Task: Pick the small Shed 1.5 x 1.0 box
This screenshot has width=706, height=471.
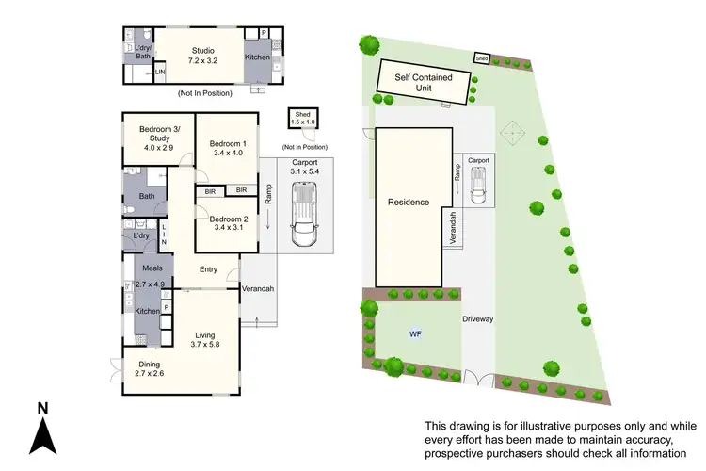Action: (303, 118)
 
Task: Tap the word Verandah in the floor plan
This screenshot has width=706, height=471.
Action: (256, 288)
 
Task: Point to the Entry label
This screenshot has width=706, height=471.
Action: (208, 270)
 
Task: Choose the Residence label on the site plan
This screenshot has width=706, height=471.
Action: (409, 202)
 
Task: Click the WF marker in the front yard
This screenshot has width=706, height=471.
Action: (415, 333)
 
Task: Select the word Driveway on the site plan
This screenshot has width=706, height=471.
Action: (479, 318)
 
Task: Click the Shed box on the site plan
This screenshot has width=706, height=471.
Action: (481, 58)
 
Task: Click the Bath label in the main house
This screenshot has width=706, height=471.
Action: (147, 196)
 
